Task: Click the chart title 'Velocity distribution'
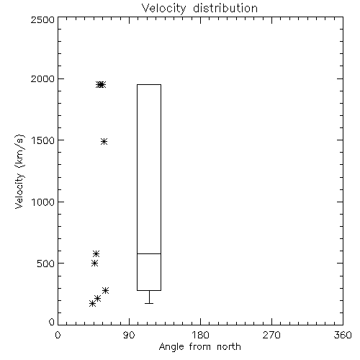point(199,9)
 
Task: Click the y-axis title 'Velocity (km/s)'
point(19,171)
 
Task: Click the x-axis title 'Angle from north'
point(199,347)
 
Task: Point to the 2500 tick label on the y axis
point(42,19)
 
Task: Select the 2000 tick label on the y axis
point(42,79)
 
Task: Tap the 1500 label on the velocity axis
point(43,140)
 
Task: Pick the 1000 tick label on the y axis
point(43,202)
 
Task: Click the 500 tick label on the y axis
point(45,264)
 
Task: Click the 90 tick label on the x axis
point(129,335)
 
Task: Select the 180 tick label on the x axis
point(200,335)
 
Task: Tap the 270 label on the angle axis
point(271,335)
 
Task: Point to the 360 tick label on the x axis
point(343,335)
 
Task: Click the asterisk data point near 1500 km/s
point(104,141)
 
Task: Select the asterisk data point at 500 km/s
point(94,264)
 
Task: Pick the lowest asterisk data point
point(92,304)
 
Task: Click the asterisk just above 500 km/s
point(96,253)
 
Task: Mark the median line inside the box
point(149,253)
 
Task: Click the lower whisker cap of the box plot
point(149,303)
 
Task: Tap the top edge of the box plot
point(149,84)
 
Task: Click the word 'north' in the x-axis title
point(229,347)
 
